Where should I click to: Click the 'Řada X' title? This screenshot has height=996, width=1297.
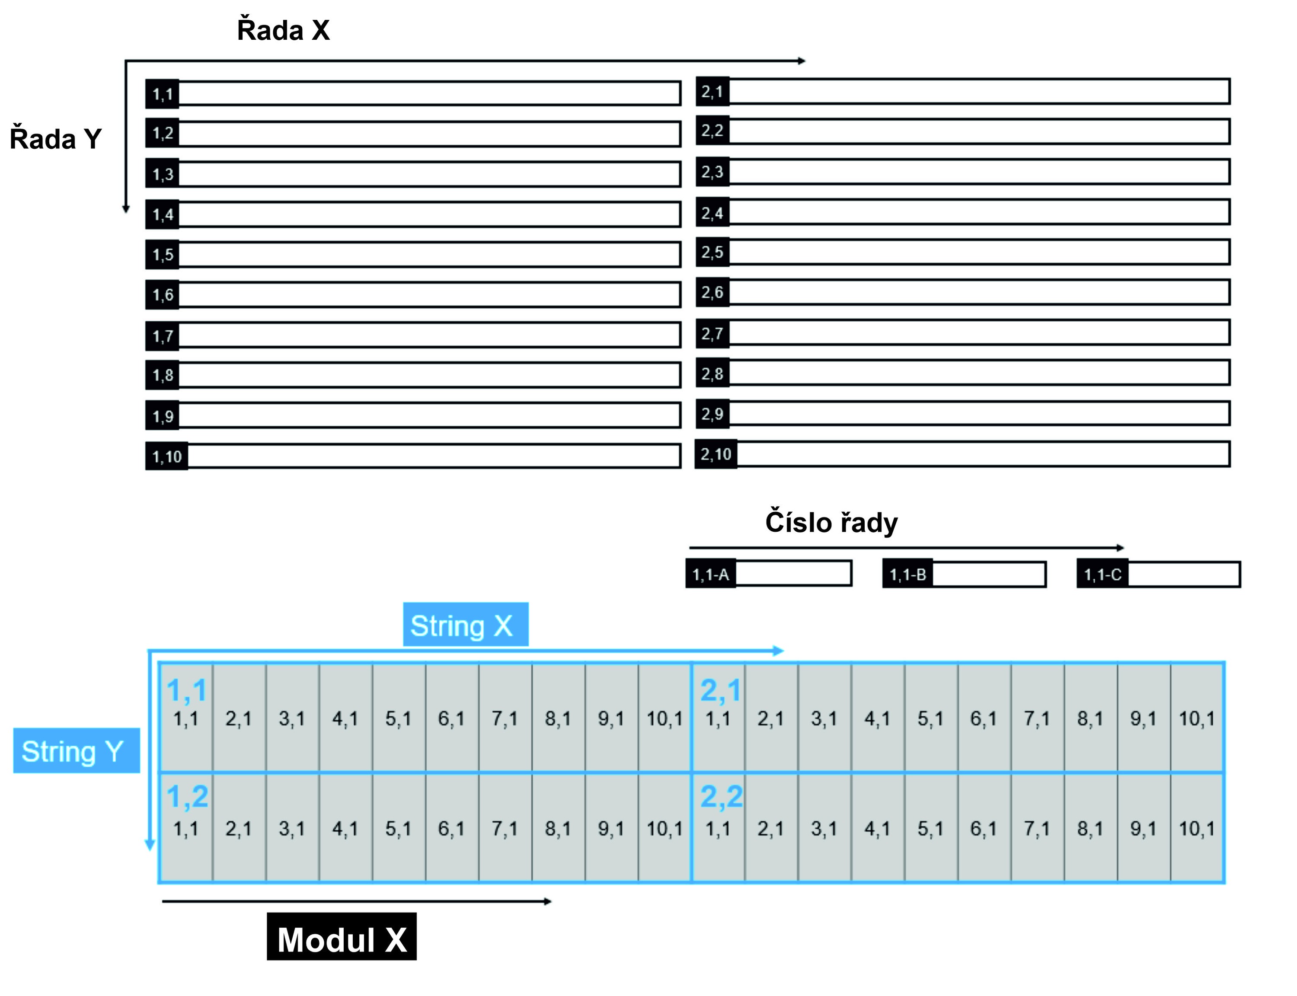point(283,30)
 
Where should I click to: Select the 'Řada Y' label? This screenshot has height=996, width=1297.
point(56,139)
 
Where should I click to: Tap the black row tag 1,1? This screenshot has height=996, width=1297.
point(163,94)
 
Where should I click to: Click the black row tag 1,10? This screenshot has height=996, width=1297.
point(166,456)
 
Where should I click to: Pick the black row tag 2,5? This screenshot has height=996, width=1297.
point(712,252)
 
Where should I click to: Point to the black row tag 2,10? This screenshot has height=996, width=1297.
point(716,454)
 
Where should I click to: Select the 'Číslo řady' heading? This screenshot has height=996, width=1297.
point(831,522)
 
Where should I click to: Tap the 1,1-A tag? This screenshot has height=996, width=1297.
point(710,574)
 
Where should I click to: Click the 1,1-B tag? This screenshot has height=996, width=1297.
point(907,574)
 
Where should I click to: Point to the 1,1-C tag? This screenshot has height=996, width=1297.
point(1102,574)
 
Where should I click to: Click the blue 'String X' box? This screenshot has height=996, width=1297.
point(465,625)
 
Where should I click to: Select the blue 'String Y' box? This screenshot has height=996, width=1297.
point(76,750)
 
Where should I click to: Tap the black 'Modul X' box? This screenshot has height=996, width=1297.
point(342,939)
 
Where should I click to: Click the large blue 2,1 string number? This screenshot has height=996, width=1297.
point(720,690)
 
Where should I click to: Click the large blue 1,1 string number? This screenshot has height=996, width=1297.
point(186,690)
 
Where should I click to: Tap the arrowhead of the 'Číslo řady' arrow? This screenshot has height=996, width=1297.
point(1120,548)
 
